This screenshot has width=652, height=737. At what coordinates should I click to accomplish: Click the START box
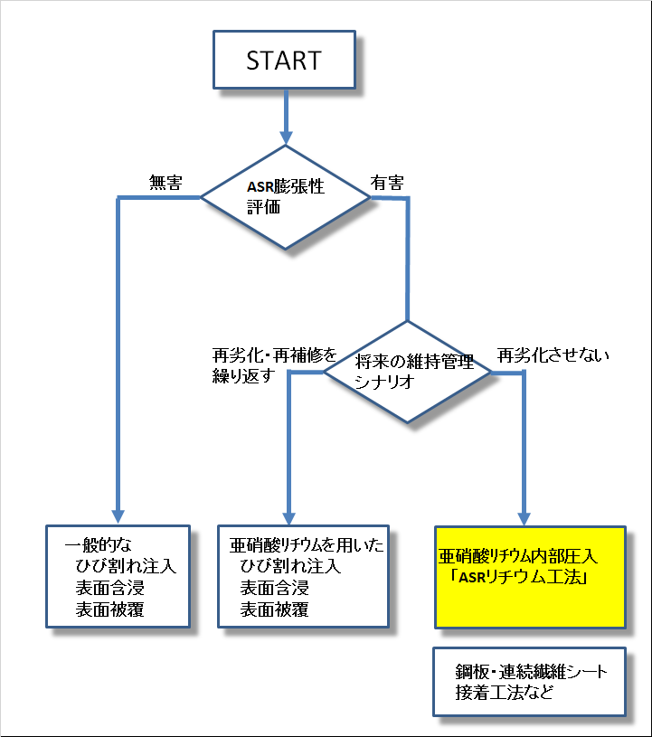tap(283, 60)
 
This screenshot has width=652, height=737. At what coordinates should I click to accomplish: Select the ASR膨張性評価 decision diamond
tap(285, 195)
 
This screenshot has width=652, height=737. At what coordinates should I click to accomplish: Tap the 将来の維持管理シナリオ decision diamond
tap(409, 371)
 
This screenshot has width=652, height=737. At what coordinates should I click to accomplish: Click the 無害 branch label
tap(165, 183)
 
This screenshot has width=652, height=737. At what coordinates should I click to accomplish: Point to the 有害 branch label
tap(386, 182)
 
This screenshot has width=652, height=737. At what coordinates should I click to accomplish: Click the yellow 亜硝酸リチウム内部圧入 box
tap(529, 577)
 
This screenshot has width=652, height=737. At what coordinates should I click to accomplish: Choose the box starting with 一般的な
tap(118, 576)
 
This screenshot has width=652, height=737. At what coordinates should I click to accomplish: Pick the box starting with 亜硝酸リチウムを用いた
tap(303, 576)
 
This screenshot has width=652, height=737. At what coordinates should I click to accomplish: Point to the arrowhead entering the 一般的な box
tap(118, 515)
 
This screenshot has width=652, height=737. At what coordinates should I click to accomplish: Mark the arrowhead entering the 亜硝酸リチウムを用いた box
tap(288, 516)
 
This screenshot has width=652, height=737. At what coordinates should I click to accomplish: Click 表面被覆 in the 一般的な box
tap(110, 609)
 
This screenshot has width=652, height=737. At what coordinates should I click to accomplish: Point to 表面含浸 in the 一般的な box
tap(110, 589)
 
